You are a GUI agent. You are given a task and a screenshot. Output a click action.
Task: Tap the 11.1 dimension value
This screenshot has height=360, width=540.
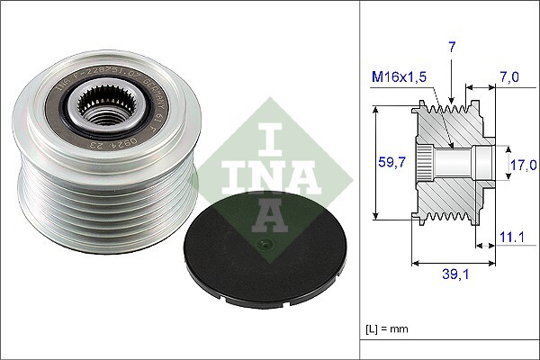point(510,237)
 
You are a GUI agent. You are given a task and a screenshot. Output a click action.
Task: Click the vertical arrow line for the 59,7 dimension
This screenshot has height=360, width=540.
point(373,162)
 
